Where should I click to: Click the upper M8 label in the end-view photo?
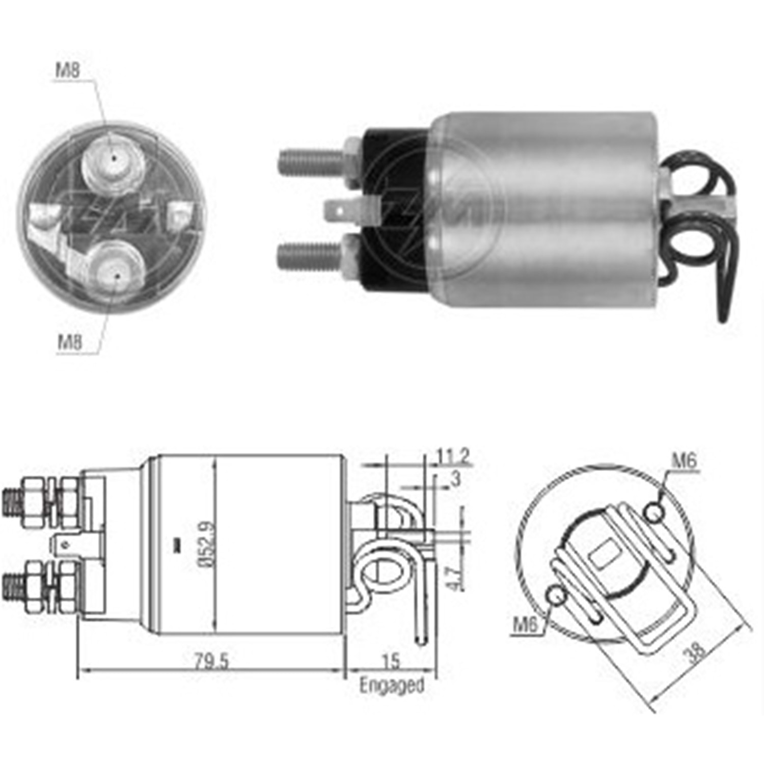click(68, 70)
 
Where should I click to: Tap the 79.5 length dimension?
click(211, 661)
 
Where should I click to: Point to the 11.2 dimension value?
click(453, 456)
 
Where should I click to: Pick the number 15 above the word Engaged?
click(391, 661)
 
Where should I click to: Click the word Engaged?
click(391, 685)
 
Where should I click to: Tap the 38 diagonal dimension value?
click(695, 651)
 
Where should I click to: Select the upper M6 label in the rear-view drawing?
click(684, 461)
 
